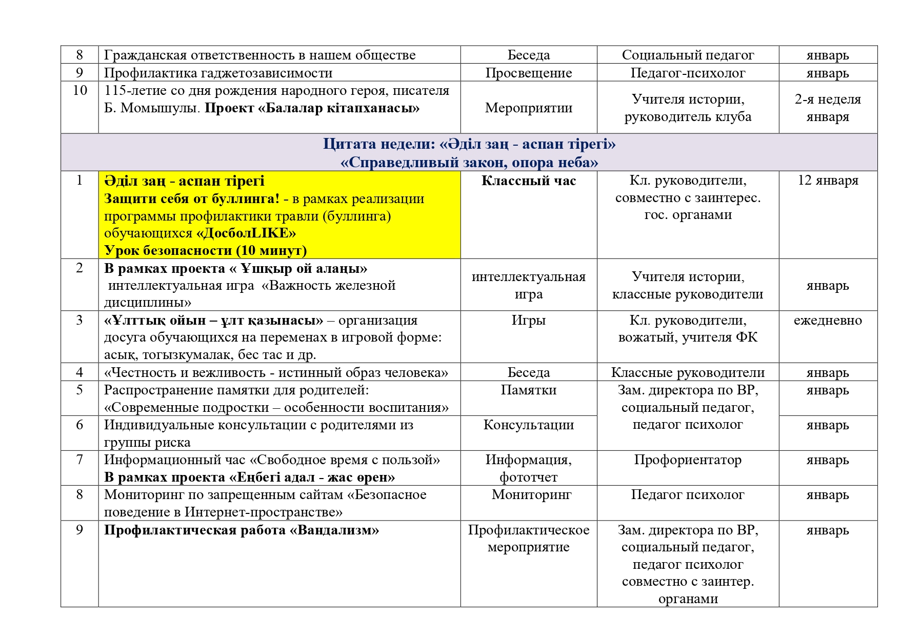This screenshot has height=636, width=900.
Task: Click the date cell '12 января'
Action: (828, 181)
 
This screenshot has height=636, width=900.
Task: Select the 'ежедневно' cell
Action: (828, 321)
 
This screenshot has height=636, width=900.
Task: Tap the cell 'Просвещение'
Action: (528, 73)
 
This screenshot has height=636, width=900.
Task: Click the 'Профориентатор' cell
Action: (688, 460)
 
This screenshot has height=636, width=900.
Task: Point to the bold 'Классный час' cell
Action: (528, 181)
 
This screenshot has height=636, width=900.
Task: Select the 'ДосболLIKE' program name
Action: (246, 233)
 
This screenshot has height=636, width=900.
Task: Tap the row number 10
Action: (79, 91)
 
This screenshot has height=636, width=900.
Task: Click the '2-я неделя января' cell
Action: (828, 108)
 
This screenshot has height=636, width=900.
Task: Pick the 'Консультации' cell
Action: (528, 425)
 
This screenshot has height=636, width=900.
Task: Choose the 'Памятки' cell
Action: (528, 390)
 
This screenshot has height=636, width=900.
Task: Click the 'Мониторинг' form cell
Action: (531, 495)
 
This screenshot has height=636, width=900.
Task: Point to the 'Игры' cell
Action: (528, 321)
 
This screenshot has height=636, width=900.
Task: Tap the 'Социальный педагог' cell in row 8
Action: (688, 55)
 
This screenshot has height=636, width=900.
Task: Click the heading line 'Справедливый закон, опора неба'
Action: (469, 163)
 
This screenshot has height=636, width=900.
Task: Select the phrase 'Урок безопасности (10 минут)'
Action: (205, 251)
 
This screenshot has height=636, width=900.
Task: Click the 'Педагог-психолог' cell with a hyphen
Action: (688, 73)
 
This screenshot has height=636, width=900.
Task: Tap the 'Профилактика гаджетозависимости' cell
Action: (218, 73)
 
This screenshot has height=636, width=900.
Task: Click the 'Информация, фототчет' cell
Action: (528, 468)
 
